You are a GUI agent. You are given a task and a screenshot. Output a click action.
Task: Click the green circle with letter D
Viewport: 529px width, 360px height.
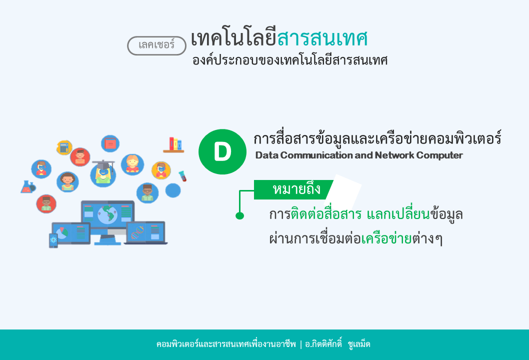point(222,152)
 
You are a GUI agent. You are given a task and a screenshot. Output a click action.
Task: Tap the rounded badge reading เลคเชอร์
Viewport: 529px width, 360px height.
point(156,45)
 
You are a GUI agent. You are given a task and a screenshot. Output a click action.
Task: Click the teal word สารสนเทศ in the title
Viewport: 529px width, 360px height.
point(322,38)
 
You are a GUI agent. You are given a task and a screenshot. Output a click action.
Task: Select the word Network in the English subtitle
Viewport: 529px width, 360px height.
point(394,155)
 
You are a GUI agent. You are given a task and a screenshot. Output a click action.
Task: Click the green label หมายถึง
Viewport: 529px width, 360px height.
point(293,189)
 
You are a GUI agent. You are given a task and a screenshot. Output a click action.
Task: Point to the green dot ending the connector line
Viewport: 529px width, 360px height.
point(240,215)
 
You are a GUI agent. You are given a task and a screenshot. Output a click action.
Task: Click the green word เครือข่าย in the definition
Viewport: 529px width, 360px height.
point(386,238)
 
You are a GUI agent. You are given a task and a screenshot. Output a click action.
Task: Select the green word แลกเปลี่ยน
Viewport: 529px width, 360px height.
point(398,214)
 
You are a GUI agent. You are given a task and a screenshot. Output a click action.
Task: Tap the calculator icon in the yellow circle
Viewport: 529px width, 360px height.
point(64,147)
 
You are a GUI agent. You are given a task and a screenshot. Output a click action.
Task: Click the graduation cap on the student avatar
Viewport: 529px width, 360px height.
point(103,164)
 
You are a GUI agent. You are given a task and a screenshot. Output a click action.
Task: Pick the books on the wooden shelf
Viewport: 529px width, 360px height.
point(174,144)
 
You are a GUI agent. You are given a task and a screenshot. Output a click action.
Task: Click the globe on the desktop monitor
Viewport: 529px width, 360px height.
point(107,214)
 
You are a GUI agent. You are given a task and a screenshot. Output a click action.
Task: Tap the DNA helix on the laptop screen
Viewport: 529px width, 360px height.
point(137,232)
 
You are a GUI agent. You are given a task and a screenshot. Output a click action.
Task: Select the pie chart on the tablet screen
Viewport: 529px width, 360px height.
point(61,233)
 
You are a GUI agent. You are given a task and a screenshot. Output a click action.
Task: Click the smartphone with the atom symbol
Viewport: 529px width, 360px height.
point(53,240)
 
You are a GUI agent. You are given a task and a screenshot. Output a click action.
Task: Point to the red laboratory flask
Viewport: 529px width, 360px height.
point(27,187)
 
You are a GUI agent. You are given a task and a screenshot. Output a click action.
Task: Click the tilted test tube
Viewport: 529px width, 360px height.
point(182,176)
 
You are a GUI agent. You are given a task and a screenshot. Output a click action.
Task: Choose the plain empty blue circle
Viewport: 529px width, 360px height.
point(172,190)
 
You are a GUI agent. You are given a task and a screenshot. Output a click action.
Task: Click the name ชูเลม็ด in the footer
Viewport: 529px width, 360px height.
point(359,344)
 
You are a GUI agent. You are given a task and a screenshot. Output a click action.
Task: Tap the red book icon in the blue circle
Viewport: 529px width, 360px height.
point(110,143)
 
